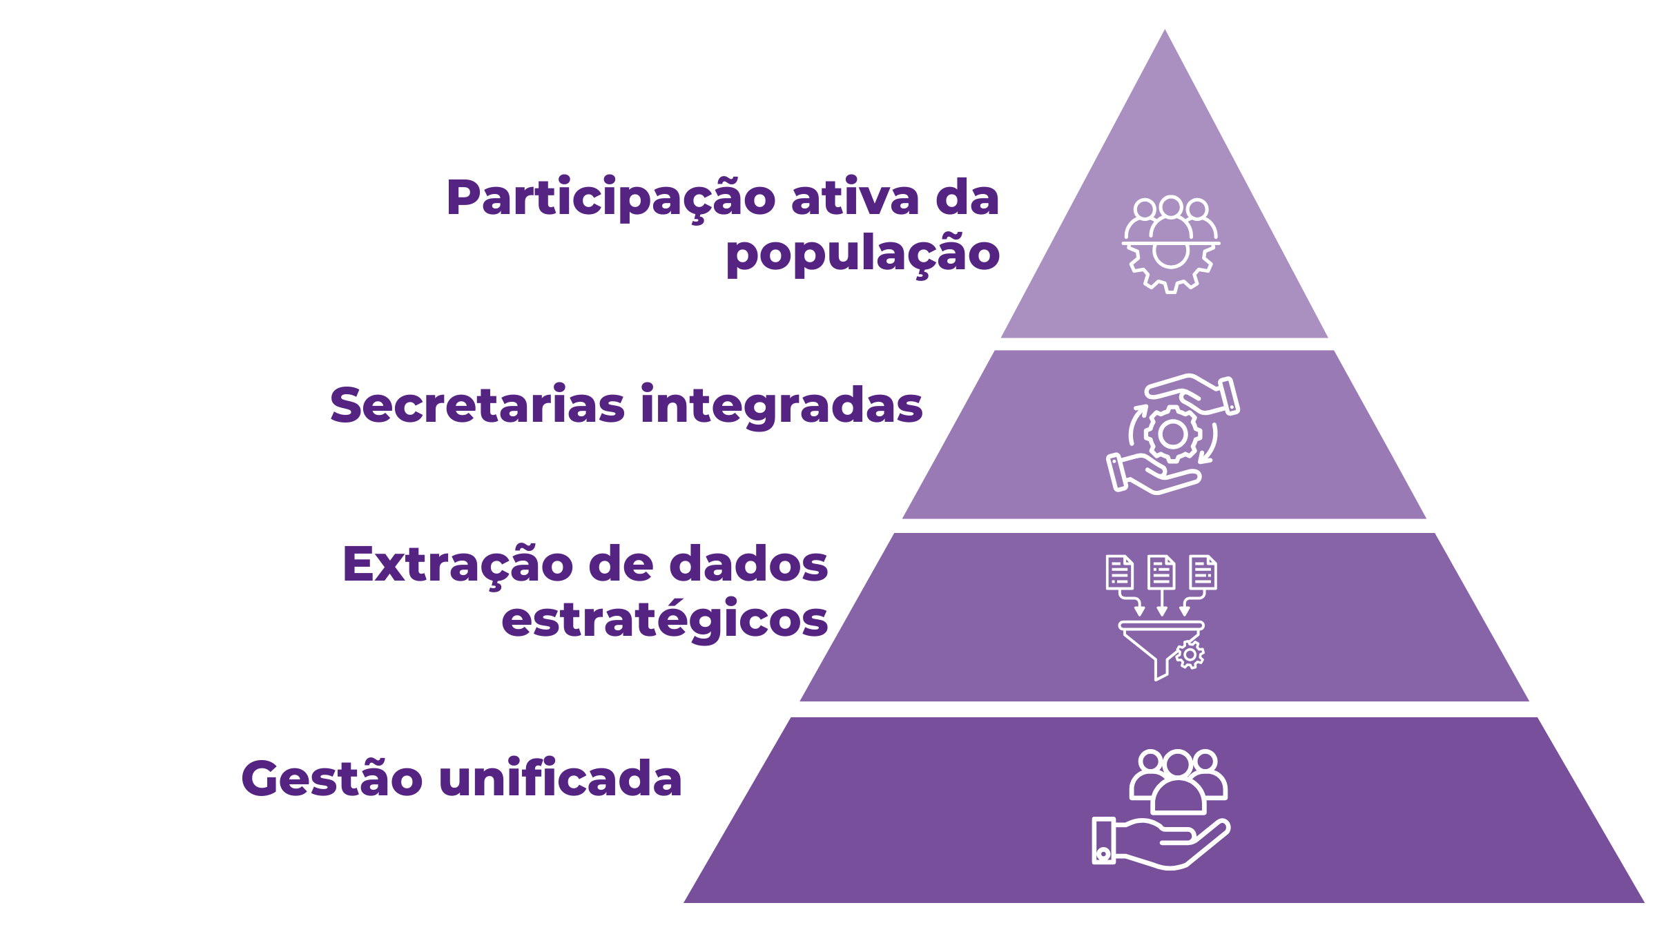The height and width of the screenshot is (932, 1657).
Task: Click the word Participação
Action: [x=612, y=199]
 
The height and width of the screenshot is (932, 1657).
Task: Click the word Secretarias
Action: [x=477, y=405]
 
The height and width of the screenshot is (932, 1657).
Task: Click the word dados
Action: [x=748, y=564]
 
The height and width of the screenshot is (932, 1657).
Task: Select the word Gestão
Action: [x=331, y=779]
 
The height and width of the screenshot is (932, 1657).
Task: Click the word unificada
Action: [x=560, y=778]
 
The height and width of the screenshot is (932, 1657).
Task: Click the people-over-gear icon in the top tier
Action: [x=1170, y=244]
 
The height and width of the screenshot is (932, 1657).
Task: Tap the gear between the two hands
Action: [x=1172, y=434]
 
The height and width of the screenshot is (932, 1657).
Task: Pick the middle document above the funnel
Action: [x=1161, y=572]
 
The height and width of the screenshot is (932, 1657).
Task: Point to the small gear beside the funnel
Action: [x=1190, y=654]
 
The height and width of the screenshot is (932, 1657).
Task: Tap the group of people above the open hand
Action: [x=1178, y=780]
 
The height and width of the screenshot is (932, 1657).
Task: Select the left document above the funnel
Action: [x=1119, y=572]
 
